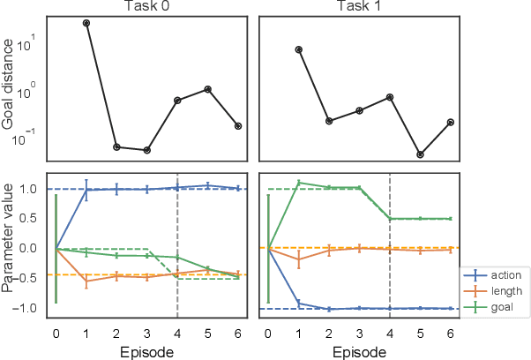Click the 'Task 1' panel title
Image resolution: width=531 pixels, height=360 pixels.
[x=360, y=8]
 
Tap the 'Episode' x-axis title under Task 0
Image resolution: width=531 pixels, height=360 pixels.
[x=146, y=351]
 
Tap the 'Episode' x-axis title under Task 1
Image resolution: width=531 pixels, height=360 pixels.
[x=360, y=351]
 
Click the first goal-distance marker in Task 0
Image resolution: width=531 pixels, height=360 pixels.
[x=86, y=23]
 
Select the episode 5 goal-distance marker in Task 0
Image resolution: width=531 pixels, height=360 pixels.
[x=208, y=89]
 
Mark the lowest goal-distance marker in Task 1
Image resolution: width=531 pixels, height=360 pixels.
[x=421, y=154]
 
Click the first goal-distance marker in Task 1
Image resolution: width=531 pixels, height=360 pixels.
[x=299, y=49]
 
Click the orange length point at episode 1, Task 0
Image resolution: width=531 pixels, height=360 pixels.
[x=86, y=281]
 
